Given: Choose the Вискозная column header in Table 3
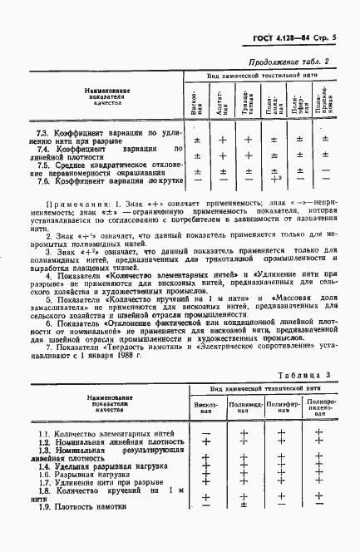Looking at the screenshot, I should [205, 408].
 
